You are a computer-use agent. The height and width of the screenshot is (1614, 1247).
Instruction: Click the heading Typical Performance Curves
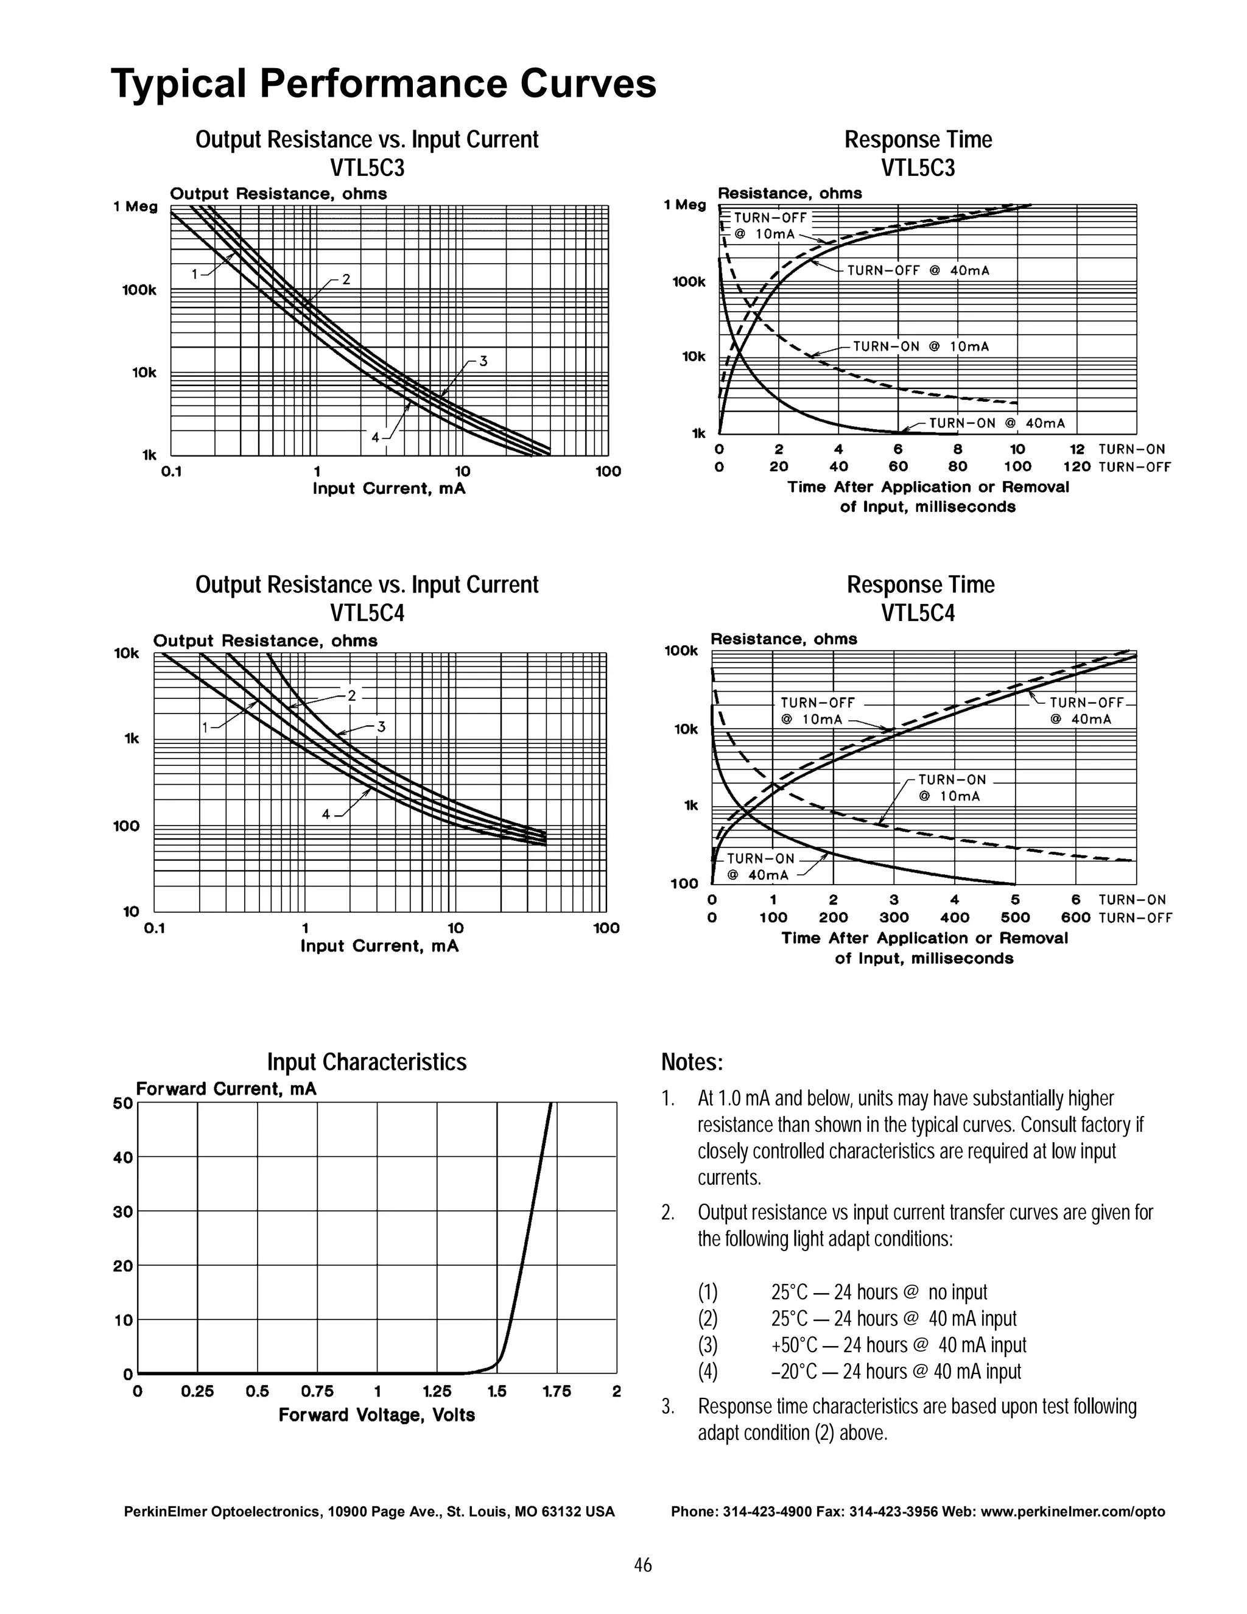click(383, 83)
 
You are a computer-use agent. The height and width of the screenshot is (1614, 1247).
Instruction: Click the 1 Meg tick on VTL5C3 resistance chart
click(135, 207)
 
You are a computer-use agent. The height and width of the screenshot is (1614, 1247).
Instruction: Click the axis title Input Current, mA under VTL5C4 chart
click(379, 946)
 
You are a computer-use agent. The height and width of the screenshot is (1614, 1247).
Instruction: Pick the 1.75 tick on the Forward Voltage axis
click(556, 1392)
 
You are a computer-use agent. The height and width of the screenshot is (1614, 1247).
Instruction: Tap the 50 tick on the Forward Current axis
click(123, 1103)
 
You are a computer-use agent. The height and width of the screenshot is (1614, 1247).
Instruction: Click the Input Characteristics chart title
click(367, 1062)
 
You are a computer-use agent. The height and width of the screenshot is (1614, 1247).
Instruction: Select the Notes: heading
click(692, 1062)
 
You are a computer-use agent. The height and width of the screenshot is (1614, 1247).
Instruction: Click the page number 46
click(642, 1565)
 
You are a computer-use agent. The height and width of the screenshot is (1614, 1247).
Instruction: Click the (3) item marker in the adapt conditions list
click(708, 1345)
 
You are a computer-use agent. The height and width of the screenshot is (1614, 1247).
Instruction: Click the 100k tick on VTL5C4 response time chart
click(681, 651)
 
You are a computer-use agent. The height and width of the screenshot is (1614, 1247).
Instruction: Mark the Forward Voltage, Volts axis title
click(376, 1415)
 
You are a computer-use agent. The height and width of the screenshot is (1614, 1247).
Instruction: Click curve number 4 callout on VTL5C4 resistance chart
click(326, 815)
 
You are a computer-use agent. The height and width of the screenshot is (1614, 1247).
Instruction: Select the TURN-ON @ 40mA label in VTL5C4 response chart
click(760, 867)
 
